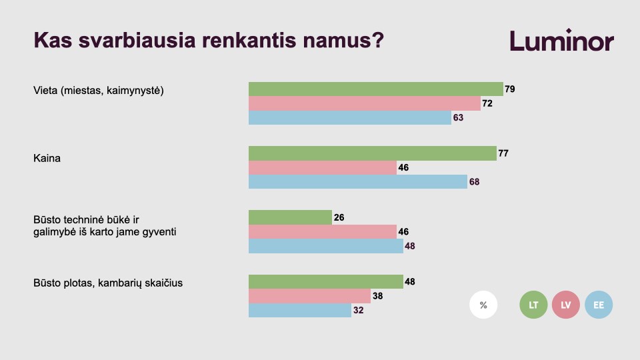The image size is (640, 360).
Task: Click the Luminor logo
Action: click(561, 41)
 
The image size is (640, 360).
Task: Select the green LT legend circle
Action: click(533, 305)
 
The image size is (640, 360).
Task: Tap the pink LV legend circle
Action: click(566, 305)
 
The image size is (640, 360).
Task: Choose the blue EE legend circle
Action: click(599, 305)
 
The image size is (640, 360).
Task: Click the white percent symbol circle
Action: click(483, 305)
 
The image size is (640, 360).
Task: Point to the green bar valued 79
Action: click(376, 89)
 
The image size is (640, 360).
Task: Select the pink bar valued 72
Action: click(365, 103)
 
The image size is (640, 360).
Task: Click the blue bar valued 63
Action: click(350, 117)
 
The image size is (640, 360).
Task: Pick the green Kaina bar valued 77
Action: click(373, 153)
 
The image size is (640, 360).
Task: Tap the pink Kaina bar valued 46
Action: click(323, 168)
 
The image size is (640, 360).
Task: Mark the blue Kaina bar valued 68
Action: click(358, 181)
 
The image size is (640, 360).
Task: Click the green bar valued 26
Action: click(290, 217)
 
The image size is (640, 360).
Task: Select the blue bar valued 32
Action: click(300, 310)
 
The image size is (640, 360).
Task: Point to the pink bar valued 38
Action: click(309, 296)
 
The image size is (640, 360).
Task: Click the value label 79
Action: click(510, 89)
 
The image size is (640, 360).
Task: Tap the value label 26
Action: click(339, 217)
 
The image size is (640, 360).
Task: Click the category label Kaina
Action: click(47, 159)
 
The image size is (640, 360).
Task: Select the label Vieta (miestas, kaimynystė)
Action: click(99, 91)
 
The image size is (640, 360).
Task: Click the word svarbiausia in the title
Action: click(137, 41)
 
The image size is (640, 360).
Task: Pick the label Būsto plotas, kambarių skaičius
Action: click(108, 283)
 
